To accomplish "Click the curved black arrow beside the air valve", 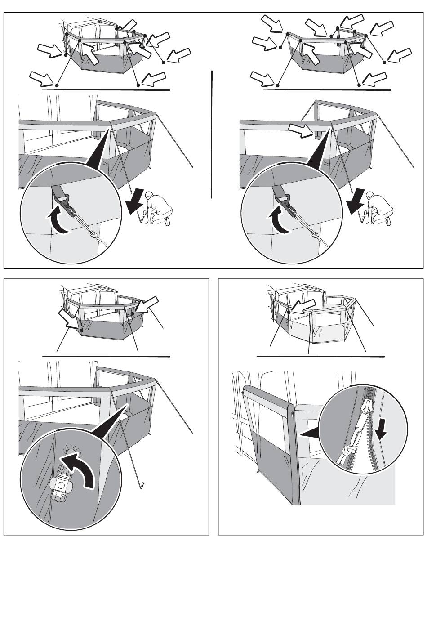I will tap(81, 468).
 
